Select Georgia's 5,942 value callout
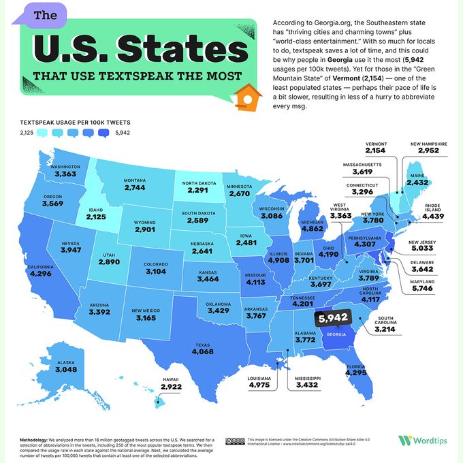click(333, 317)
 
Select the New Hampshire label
click(429, 144)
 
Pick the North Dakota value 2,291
click(199, 191)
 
